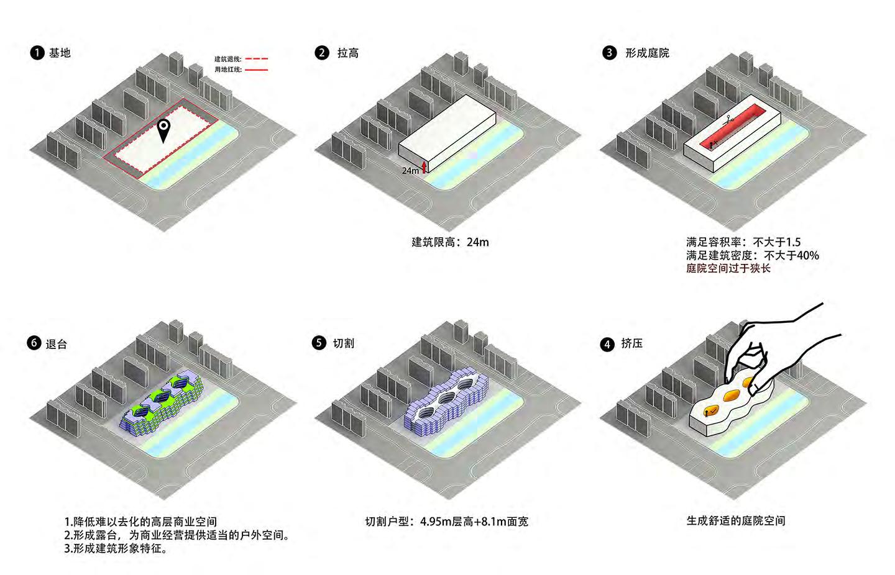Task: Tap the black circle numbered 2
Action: tap(321, 53)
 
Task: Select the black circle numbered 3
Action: tap(609, 53)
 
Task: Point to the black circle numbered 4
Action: tap(607, 344)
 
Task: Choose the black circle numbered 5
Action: tap(319, 343)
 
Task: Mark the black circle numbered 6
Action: tap(34, 343)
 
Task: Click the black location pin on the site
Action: tap(163, 130)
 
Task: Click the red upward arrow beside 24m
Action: tap(425, 166)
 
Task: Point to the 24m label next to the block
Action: tap(410, 170)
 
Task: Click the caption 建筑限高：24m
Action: tap(450, 242)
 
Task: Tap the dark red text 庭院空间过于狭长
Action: tap(728, 268)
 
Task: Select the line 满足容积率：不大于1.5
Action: tap(743, 242)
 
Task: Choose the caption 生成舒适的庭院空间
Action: tap(735, 520)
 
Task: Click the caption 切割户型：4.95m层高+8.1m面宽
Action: tap(446, 522)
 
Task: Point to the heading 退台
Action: tap(56, 344)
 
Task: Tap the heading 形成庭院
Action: tap(647, 53)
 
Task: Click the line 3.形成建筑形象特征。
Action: tap(116, 549)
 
